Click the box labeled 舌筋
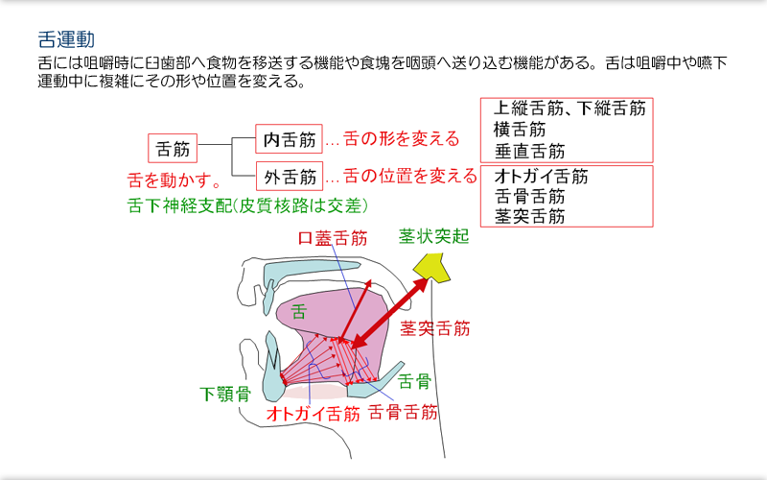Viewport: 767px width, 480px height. click(x=174, y=149)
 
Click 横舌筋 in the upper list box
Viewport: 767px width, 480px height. click(x=521, y=130)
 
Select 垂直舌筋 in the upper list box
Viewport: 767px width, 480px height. click(x=530, y=151)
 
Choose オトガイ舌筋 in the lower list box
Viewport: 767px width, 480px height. click(x=541, y=177)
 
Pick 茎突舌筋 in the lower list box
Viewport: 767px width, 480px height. click(x=530, y=216)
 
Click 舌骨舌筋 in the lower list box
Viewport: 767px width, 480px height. click(x=530, y=197)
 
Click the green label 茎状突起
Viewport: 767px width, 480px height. click(x=433, y=236)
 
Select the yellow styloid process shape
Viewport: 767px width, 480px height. click(x=430, y=268)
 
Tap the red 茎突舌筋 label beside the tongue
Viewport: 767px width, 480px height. click(x=435, y=328)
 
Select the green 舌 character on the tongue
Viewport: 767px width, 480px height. click(x=299, y=312)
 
